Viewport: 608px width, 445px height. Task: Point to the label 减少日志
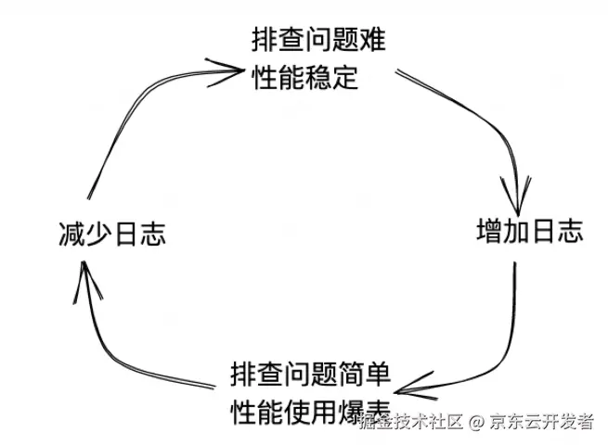(x=110, y=234)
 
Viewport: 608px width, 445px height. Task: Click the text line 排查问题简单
(x=310, y=376)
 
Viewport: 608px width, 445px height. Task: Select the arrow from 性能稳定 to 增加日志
(x=483, y=121)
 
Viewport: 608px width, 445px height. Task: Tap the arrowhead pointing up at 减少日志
(x=84, y=278)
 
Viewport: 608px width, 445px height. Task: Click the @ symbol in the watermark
(x=475, y=422)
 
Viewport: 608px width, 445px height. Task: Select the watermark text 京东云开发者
(x=541, y=422)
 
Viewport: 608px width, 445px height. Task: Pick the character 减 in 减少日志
(x=70, y=234)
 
